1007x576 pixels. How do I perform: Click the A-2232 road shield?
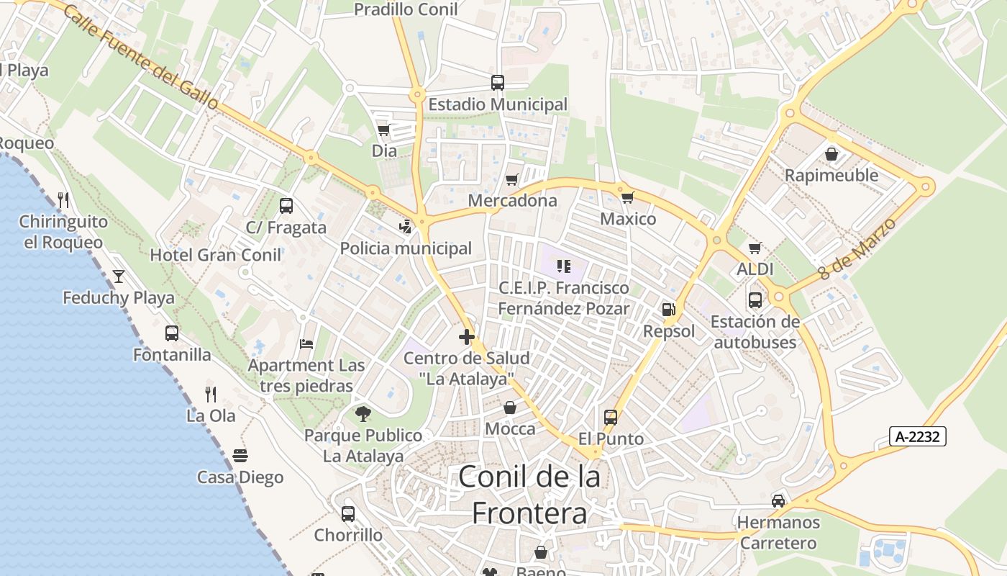tap(917, 436)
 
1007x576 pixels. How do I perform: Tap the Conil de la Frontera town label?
tap(529, 495)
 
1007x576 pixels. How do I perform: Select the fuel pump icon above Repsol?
tap(668, 310)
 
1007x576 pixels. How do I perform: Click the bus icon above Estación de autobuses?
tap(755, 300)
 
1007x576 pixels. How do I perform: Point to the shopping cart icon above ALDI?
tap(755, 248)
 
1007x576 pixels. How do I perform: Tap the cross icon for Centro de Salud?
tap(466, 336)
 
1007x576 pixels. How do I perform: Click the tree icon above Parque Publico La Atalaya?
tap(363, 413)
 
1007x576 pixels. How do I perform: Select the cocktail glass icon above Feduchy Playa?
tap(118, 276)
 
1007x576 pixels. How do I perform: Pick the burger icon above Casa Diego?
tap(240, 456)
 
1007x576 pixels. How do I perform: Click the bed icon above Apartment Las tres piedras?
tap(306, 344)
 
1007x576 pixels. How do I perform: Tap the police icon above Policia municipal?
tap(406, 227)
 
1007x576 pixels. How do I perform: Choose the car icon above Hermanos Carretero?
tap(778, 500)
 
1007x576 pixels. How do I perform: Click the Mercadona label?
tap(512, 200)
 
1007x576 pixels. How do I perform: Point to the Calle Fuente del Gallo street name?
tap(140, 58)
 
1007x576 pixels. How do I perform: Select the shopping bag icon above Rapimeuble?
tap(831, 154)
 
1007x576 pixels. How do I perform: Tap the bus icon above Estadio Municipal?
tap(497, 83)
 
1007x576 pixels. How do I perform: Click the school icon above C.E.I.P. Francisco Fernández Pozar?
tap(564, 267)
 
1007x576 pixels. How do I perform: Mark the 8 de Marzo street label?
tap(857, 249)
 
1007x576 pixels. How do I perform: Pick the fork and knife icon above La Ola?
tap(211, 394)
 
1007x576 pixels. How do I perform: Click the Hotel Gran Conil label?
tap(216, 255)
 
